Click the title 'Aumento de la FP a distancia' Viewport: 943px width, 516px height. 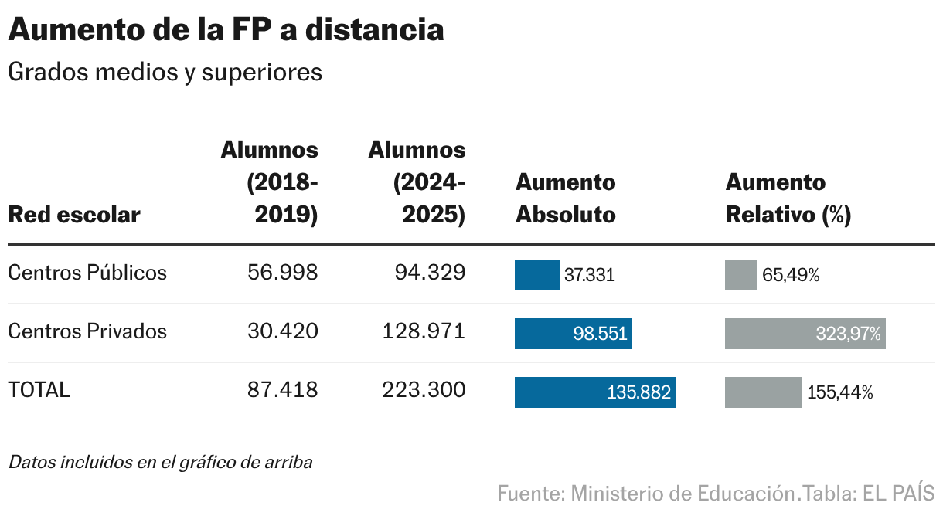(226, 29)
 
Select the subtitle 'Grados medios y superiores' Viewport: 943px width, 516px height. (165, 72)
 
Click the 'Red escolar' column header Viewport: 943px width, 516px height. (74, 214)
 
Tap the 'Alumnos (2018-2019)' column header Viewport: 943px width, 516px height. (270, 182)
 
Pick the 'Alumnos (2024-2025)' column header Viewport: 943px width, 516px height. (417, 182)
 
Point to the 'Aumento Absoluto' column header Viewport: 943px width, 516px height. (565, 199)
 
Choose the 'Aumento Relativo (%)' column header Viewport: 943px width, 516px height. (788, 199)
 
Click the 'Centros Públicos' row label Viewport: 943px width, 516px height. (87, 273)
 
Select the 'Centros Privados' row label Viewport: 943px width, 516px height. (87, 331)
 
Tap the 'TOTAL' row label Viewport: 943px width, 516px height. (39, 390)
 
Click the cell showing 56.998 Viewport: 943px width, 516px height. (282, 273)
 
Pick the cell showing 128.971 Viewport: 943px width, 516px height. (424, 331)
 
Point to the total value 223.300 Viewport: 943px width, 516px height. (424, 390)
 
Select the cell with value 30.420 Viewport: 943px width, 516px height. (282, 331)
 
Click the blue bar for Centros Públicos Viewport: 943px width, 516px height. (536, 275)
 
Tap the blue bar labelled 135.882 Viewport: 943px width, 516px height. (594, 392)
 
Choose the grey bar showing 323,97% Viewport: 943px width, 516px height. (805, 334)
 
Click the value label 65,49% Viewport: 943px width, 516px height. (791, 276)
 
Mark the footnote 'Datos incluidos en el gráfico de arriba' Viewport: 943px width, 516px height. (160, 463)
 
